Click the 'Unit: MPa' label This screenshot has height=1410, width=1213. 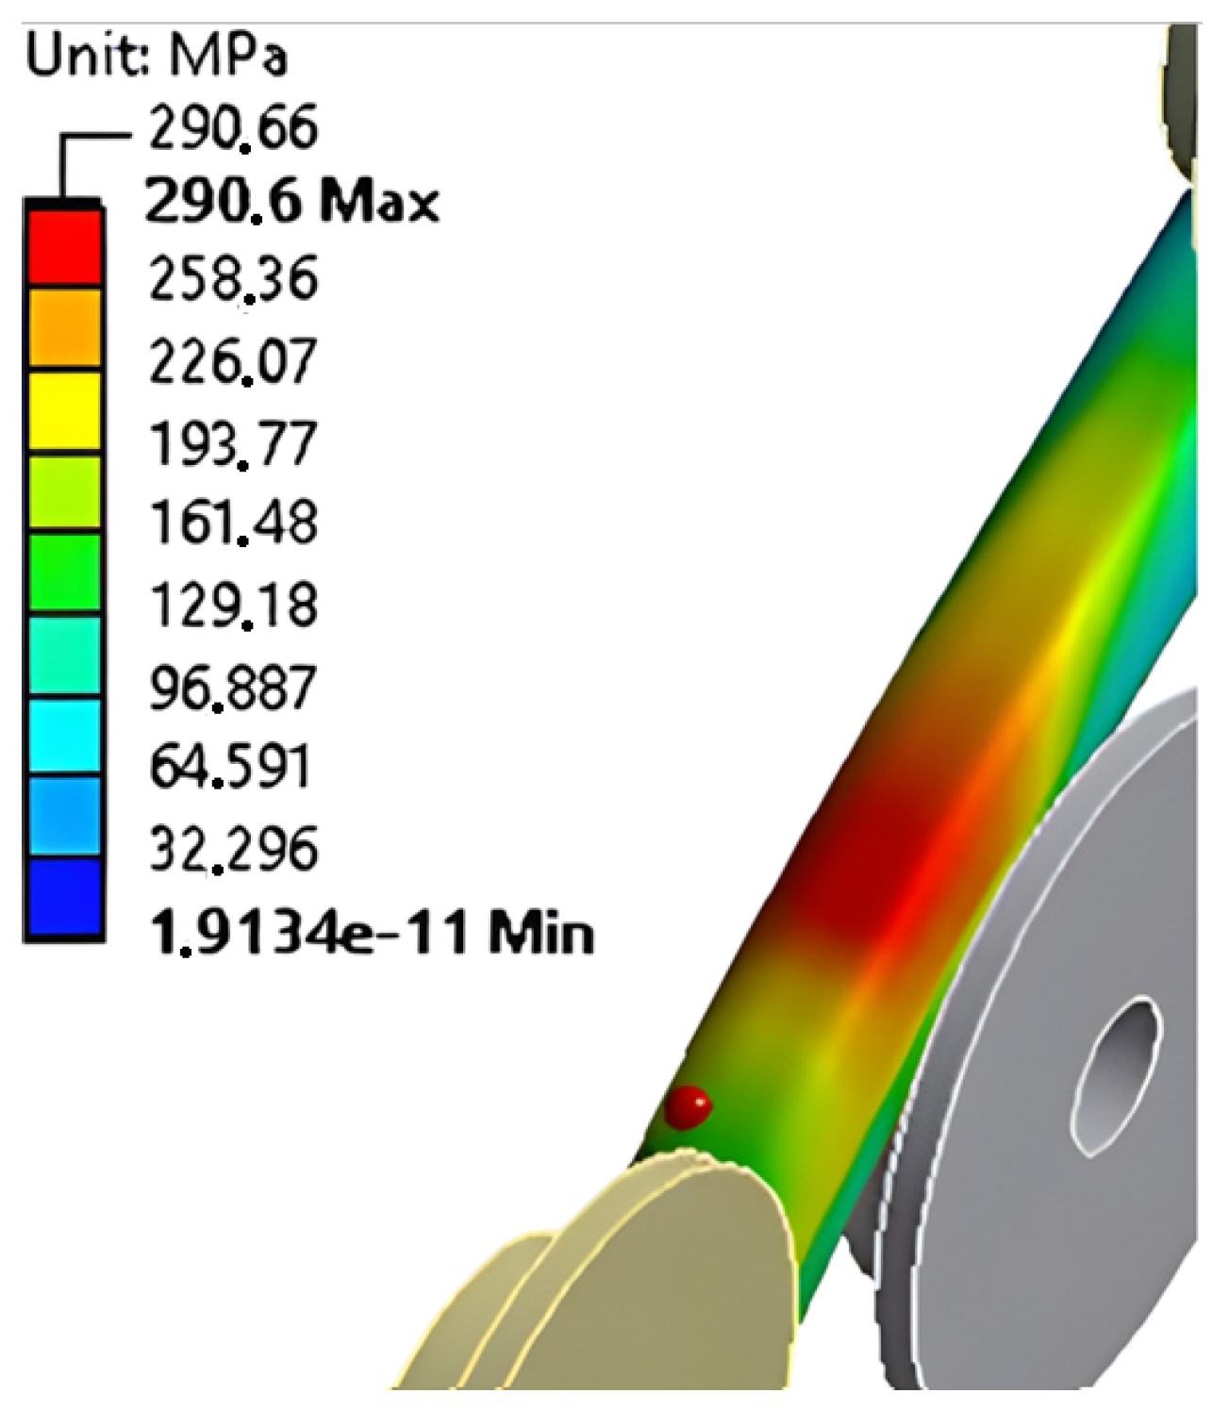tap(157, 55)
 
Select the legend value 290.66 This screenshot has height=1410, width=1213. tap(233, 127)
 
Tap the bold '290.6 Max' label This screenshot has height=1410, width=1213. tap(292, 203)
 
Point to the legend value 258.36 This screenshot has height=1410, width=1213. tap(233, 279)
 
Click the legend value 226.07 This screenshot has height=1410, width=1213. tap(233, 361)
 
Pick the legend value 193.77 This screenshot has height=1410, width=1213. tap(232, 444)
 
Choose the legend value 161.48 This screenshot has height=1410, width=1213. tap(233, 523)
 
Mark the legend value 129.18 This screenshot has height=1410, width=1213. tap(233, 605)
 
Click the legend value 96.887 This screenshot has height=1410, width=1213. tap(232, 688)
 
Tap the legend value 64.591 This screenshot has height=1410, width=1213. tap(230, 767)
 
